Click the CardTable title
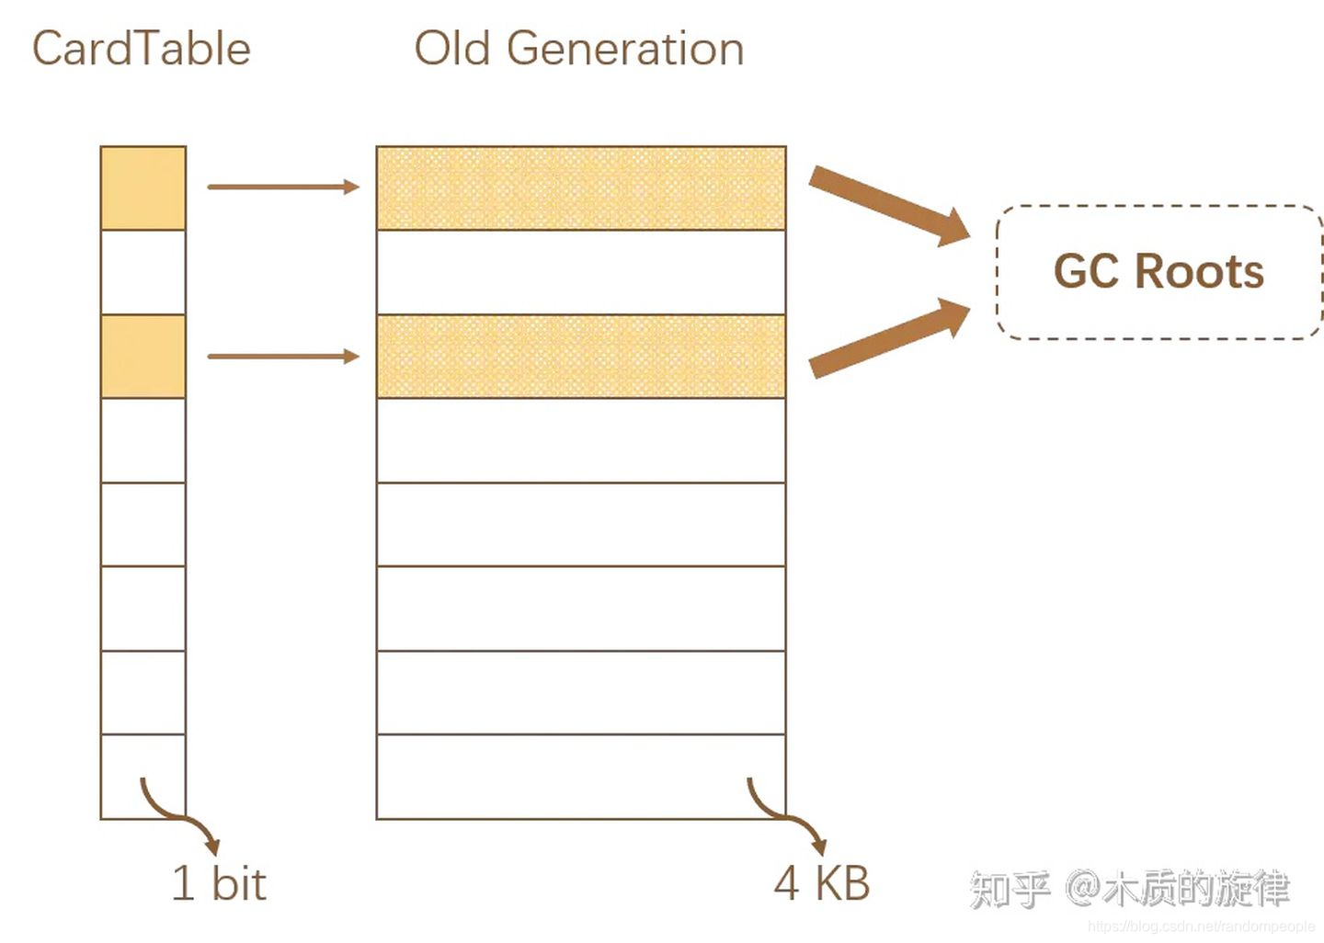(142, 49)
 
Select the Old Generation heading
(579, 49)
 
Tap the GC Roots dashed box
(1158, 272)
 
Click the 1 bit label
(219, 883)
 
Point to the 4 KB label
(821, 883)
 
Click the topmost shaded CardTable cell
(143, 187)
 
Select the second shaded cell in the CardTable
(143, 357)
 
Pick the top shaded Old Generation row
(581, 187)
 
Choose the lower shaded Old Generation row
(581, 357)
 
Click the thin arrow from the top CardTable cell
(282, 187)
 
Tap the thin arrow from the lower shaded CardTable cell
(282, 356)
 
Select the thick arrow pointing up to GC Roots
(888, 338)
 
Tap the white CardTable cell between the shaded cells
(143, 272)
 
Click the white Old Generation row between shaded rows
(581, 272)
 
